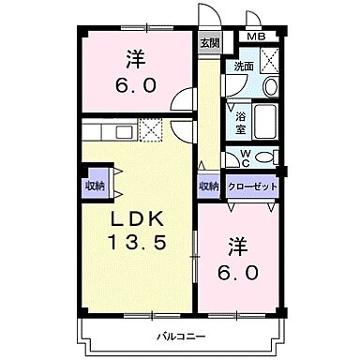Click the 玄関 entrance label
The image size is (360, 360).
tap(209, 43)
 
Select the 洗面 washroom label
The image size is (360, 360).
tap(244, 67)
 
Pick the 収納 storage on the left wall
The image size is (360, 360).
tap(95, 185)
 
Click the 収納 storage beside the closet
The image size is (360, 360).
tap(208, 187)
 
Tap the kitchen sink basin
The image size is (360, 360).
tap(119, 129)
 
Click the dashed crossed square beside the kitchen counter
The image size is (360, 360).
tap(151, 128)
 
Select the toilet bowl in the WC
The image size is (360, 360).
tap(265, 156)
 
